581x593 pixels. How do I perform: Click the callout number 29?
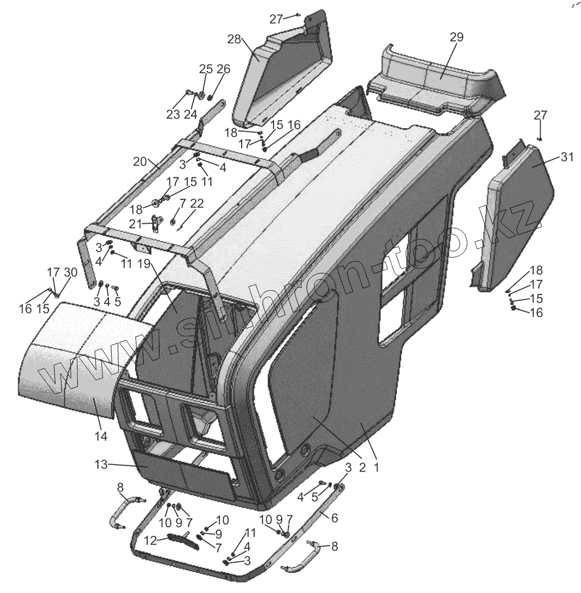pos(456,37)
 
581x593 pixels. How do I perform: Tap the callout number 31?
pos(567,157)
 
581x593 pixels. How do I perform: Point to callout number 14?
pos(101,436)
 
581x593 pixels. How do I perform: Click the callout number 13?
pos(102,464)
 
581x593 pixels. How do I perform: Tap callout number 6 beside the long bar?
pos(334,518)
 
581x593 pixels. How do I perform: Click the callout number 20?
pos(140,162)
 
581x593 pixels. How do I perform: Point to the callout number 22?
pos(197,203)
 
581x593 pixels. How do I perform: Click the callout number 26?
pos(223,69)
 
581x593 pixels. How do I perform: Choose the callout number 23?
pos(173,114)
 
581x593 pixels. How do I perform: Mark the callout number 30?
pos(70,273)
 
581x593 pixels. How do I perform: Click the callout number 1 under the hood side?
pos(376,468)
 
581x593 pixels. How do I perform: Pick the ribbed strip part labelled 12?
pos(180,539)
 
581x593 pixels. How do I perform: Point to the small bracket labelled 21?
pos(157,222)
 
